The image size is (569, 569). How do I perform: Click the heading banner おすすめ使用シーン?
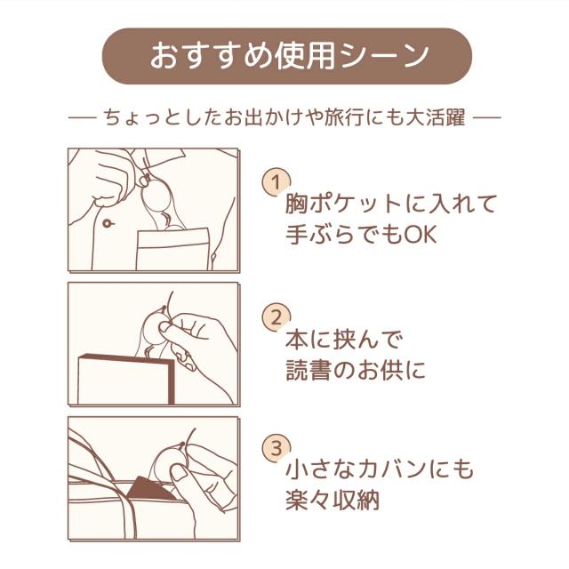pyautogui.click(x=287, y=56)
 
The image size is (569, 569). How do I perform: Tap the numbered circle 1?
pyautogui.click(x=276, y=181)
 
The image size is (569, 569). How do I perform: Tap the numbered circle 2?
pyautogui.click(x=276, y=317)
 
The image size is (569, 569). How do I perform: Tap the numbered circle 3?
pyautogui.click(x=276, y=448)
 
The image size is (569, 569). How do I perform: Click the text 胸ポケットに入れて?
pyautogui.click(x=391, y=204)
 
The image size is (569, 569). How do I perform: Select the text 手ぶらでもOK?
pyautogui.click(x=361, y=234)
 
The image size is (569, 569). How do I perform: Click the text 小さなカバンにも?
pyautogui.click(x=380, y=469)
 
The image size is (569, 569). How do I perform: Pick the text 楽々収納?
pyautogui.click(x=333, y=500)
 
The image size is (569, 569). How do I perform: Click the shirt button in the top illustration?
pyautogui.click(x=107, y=223)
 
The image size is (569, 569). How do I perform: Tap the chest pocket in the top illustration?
pyautogui.click(x=173, y=249)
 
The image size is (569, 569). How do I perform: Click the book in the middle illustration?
pyautogui.click(x=126, y=380)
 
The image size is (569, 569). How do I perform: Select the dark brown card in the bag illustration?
pyautogui.click(x=150, y=488)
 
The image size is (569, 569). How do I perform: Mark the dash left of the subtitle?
pyautogui.click(x=82, y=117)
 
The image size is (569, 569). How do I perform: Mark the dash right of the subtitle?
pyautogui.click(x=487, y=117)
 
